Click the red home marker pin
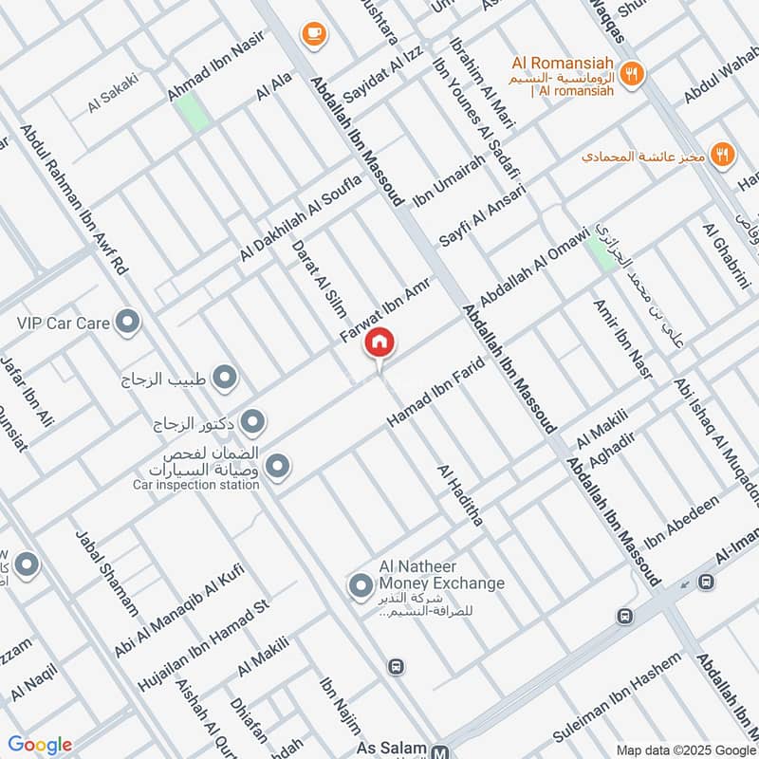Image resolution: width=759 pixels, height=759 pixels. [x=379, y=343]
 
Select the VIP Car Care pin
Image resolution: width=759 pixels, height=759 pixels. [x=127, y=323]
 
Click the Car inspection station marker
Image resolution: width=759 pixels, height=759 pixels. [x=278, y=466]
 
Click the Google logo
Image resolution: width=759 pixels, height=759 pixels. [x=40, y=745]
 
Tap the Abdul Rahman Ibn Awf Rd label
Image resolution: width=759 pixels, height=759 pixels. [x=73, y=200]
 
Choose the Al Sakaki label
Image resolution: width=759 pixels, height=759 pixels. [x=113, y=96]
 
